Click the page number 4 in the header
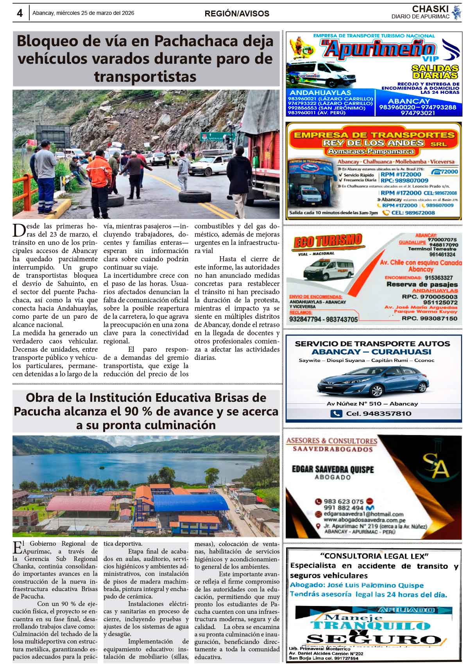point(20,13)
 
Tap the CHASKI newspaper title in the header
point(430,9)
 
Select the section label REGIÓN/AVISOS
point(237,14)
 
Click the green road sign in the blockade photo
point(217,137)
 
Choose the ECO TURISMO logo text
point(328,241)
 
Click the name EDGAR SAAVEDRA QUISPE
point(333,469)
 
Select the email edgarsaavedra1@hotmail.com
point(363,514)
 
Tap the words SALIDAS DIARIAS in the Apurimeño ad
point(435,72)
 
